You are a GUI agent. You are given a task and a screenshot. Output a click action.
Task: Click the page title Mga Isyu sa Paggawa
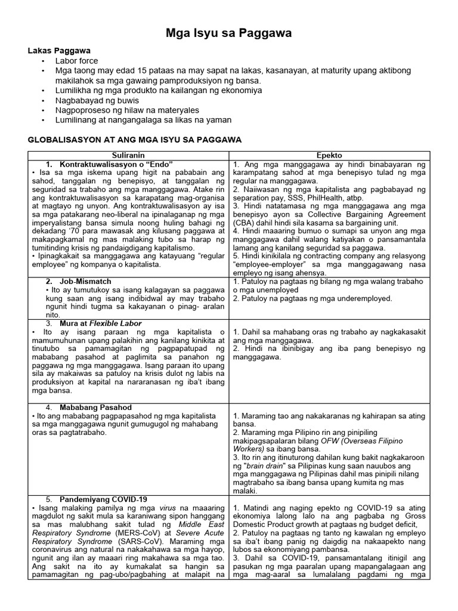tap(228, 35)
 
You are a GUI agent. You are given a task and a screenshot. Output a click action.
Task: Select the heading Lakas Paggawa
tap(55, 51)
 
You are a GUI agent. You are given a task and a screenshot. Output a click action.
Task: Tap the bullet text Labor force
tap(77, 61)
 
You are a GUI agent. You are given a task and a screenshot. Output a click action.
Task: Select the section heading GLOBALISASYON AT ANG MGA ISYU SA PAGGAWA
tap(134, 140)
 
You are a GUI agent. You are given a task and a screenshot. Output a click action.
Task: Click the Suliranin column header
tap(128, 155)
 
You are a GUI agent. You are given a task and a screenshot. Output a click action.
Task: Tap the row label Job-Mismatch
tap(86, 280)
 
